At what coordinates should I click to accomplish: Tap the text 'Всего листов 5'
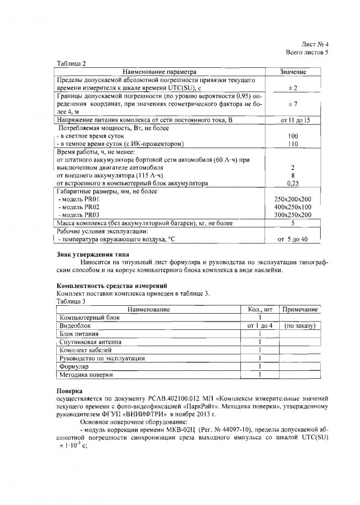(x=307, y=52)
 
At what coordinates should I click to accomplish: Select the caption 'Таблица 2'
(x=71, y=64)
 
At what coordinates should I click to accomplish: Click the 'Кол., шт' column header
(x=260, y=310)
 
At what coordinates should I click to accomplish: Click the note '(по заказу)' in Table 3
(x=300, y=325)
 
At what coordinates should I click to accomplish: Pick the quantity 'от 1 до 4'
(x=260, y=325)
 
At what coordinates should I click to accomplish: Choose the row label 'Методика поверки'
(x=86, y=374)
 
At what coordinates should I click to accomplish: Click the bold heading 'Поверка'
(x=70, y=390)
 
